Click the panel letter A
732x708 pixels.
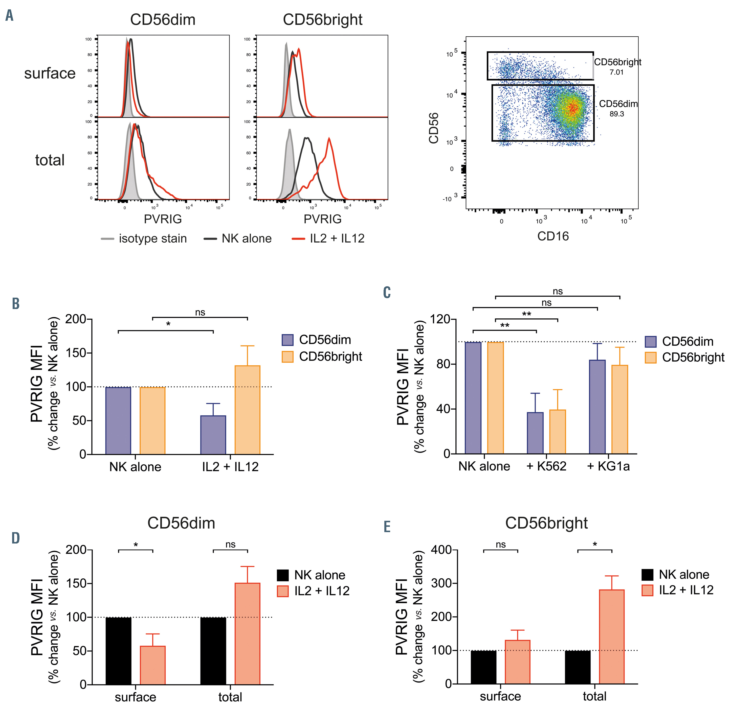click(10, 16)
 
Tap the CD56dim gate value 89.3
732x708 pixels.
click(617, 114)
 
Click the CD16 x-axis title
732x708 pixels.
click(553, 236)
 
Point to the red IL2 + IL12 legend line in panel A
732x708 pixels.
click(298, 239)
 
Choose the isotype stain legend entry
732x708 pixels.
click(144, 239)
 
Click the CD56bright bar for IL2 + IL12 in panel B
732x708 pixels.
click(247, 410)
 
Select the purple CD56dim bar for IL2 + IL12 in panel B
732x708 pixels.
click(213, 435)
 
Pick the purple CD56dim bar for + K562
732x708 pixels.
click(535, 433)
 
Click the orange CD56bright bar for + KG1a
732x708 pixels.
click(619, 409)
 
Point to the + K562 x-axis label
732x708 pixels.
click(546, 466)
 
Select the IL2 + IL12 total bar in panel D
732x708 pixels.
click(247, 634)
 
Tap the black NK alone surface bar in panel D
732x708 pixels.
click(118, 651)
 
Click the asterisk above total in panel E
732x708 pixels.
click(594, 545)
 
